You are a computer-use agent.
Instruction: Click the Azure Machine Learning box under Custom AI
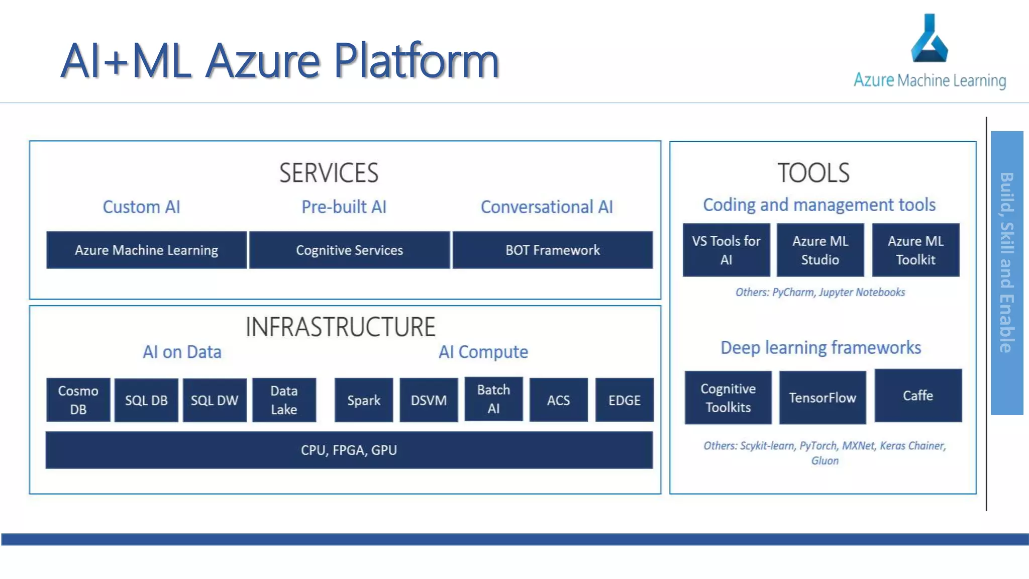146,250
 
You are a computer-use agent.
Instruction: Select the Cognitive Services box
349,250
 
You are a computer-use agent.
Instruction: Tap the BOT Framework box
552,250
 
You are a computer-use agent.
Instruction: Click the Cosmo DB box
78,400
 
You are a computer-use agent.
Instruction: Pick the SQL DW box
215,400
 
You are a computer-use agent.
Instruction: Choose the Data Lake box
284,400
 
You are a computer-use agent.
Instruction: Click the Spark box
363,400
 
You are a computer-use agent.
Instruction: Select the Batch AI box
493,399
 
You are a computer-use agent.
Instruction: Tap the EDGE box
624,400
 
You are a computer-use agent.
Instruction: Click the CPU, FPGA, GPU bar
349,450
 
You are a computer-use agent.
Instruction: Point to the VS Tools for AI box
726,250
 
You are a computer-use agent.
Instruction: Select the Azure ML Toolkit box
915,250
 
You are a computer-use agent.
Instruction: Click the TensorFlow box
822,398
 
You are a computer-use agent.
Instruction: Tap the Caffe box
918,396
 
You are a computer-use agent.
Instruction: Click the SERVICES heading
329,173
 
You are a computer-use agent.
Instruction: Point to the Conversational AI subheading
547,207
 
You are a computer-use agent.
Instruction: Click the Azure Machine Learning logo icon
930,39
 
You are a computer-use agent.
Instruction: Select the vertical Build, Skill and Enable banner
1006,272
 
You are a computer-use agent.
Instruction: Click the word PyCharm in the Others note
793,292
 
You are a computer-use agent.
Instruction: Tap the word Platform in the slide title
416,61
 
